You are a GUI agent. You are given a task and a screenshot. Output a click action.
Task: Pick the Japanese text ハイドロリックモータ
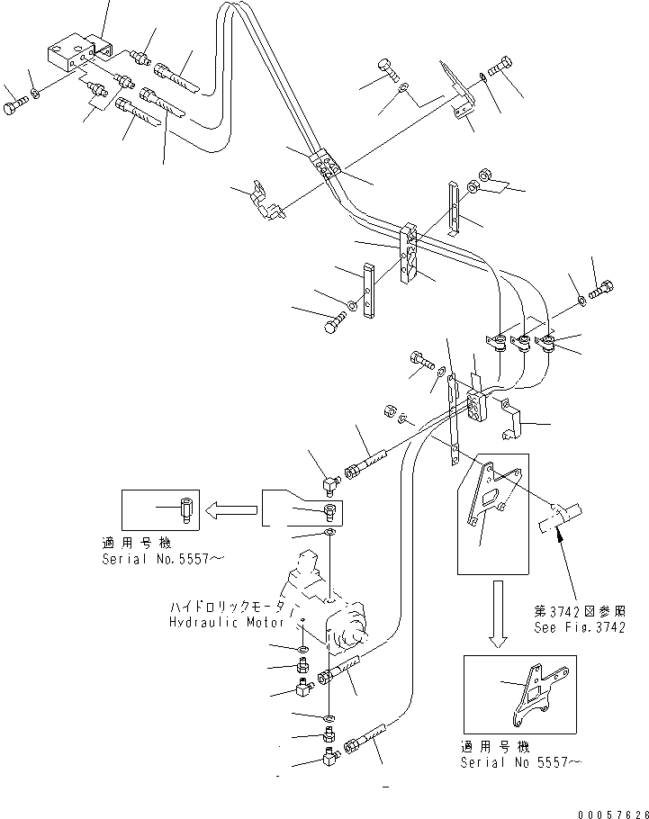(x=224, y=607)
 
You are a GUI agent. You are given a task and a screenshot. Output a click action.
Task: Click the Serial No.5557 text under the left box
(x=162, y=558)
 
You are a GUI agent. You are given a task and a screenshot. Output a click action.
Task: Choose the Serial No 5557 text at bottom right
(x=521, y=763)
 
